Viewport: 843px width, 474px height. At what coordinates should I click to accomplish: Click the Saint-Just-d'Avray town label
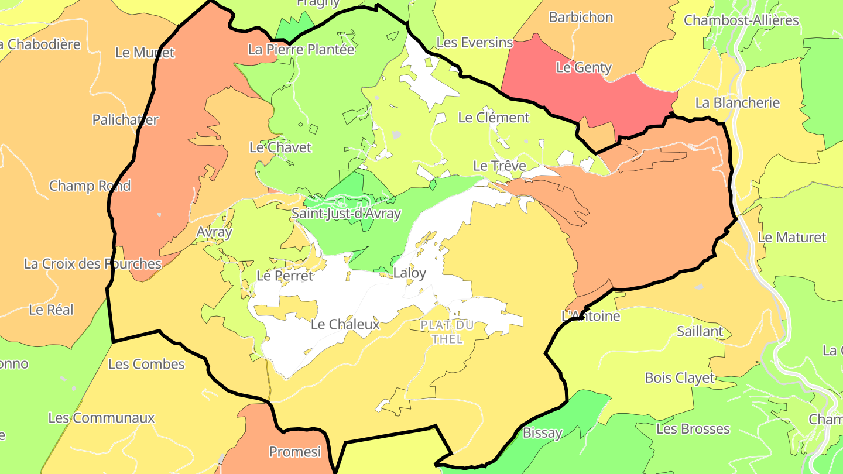point(346,213)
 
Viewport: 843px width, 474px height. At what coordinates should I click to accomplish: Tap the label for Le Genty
point(584,67)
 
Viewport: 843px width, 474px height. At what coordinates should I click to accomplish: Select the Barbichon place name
point(581,17)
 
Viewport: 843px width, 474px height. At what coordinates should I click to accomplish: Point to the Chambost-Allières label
point(741,20)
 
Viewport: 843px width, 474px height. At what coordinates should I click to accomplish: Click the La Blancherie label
point(737,102)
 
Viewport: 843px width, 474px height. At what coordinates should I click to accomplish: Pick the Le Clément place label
point(494,117)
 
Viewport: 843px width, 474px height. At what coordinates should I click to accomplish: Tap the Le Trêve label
point(499,166)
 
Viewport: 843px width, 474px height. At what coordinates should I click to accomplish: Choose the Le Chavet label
point(280,147)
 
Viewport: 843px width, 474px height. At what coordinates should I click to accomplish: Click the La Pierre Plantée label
point(301,49)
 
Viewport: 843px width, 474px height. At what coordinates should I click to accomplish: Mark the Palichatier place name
point(125,119)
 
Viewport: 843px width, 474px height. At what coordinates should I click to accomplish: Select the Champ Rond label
point(90,186)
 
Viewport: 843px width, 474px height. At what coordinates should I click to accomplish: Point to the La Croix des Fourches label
point(92,263)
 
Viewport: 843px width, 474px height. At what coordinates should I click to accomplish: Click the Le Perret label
point(285,275)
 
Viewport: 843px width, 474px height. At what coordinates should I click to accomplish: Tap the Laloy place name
point(410,273)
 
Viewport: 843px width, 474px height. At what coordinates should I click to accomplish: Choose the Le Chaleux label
point(345,324)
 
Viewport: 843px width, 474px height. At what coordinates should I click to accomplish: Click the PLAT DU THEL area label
point(447,331)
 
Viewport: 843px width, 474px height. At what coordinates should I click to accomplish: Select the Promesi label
point(295,451)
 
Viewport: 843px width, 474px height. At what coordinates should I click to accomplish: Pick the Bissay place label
point(542,433)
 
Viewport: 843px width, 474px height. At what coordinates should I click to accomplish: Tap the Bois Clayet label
point(680,377)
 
